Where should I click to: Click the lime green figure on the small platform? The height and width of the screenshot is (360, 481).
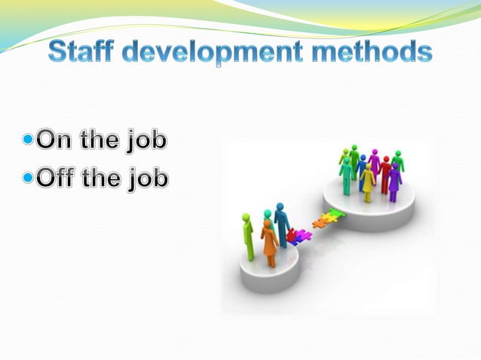click(248, 236)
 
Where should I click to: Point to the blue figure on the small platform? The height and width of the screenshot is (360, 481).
click(282, 224)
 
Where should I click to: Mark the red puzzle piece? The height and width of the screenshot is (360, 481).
click(292, 236)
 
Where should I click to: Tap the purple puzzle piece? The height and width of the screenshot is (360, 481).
click(304, 235)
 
